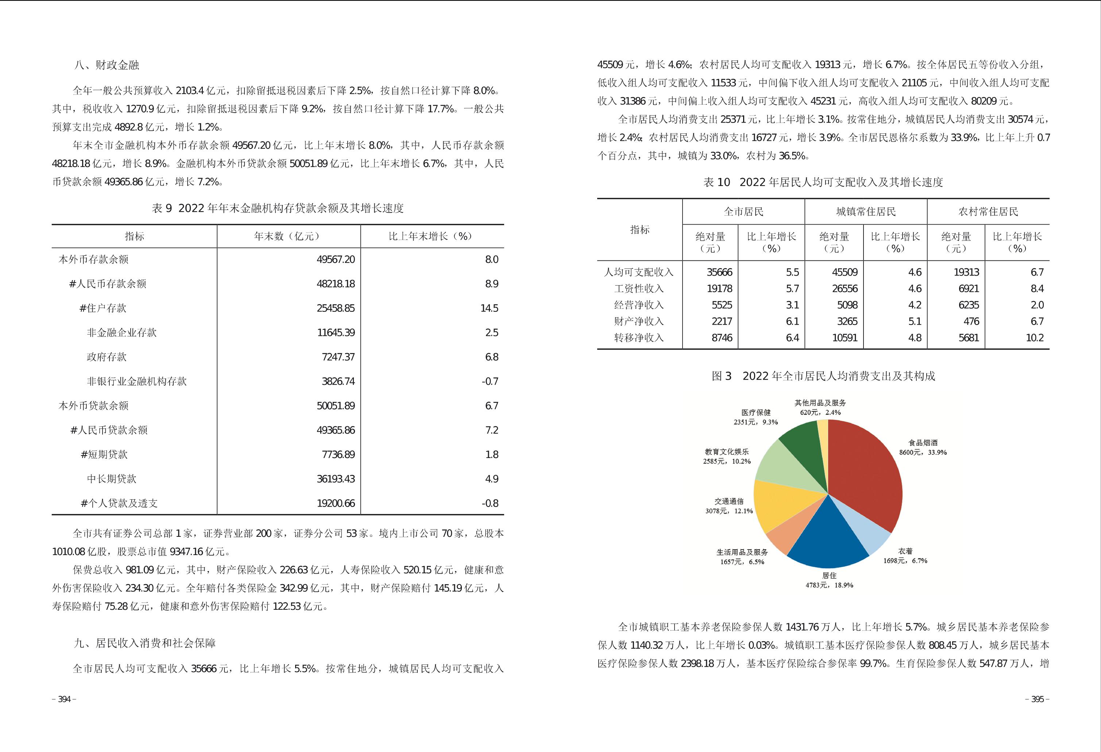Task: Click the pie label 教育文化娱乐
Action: [727, 452]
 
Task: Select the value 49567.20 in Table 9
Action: [335, 260]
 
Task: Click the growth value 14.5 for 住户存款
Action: [489, 308]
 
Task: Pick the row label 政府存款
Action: [107, 357]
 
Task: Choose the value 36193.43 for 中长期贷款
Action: [335, 479]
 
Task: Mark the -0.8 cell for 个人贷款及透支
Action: [490, 503]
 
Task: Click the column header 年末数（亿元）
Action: [288, 236]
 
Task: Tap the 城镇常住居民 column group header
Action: [866, 212]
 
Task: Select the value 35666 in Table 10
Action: [719, 272]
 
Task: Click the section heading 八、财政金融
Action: [107, 65]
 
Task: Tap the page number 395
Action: [1038, 699]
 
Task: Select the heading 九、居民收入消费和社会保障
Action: [144, 643]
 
